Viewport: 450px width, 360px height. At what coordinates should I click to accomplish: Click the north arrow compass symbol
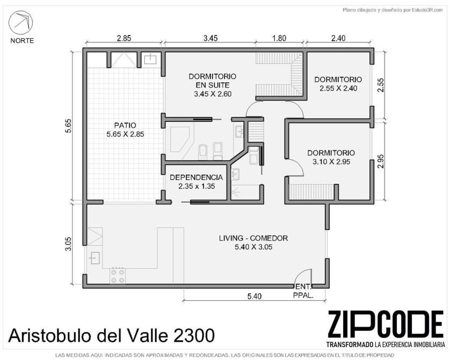[x=20, y=23]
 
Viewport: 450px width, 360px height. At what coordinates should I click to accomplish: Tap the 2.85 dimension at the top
[x=124, y=38]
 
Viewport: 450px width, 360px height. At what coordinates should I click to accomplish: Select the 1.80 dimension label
[x=279, y=38]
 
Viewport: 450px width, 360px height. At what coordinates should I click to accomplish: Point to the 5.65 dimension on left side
[x=69, y=126]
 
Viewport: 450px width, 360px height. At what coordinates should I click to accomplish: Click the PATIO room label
[x=125, y=125]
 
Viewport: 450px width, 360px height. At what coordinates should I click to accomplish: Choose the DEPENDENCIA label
[x=197, y=177]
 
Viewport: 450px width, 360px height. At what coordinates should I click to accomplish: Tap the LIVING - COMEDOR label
[x=253, y=238]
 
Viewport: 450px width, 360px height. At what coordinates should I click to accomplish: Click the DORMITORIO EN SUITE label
[x=212, y=81]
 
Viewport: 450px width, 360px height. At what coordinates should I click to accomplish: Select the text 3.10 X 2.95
[x=331, y=162]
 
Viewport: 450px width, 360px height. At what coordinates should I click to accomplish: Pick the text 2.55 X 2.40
[x=338, y=89]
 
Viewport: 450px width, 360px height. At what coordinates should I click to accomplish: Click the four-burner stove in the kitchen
[x=118, y=276]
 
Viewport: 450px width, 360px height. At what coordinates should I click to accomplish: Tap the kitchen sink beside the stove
[x=94, y=258]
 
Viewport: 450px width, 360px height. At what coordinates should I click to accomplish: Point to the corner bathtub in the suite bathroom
[x=180, y=139]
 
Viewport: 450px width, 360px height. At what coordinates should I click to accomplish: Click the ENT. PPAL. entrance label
[x=303, y=291]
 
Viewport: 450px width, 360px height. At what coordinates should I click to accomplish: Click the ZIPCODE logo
[x=386, y=325]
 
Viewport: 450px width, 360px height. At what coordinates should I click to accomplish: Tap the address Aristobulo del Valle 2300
[x=111, y=335]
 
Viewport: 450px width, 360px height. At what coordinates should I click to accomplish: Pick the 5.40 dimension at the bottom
[x=255, y=296]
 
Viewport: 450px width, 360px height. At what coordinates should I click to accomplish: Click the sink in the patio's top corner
[x=150, y=59]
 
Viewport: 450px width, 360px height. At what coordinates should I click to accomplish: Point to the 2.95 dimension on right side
[x=381, y=162]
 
